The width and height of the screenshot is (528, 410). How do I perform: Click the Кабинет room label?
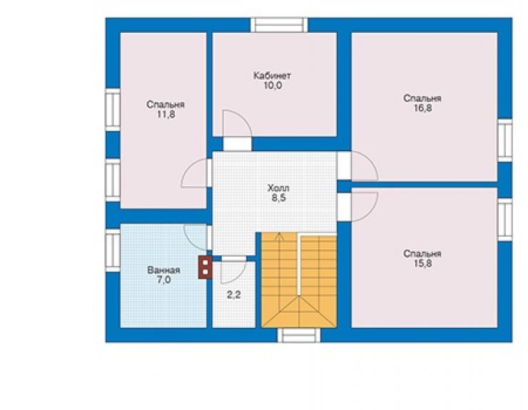tap(272, 76)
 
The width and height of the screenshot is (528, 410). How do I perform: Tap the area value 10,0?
tap(273, 86)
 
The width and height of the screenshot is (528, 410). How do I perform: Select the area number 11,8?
tap(166, 115)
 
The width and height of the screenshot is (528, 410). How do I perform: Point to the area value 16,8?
tap(422, 108)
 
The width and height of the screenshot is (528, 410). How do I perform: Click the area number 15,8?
tap(422, 264)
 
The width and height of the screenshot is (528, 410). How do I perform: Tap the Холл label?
tap(278, 188)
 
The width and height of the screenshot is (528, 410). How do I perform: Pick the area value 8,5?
tap(279, 198)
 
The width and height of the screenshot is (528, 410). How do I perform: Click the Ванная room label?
tap(163, 270)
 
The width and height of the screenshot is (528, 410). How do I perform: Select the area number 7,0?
tap(164, 280)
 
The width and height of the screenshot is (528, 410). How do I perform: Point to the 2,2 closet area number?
tap(234, 295)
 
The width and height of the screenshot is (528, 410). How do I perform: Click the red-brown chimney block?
tap(205, 267)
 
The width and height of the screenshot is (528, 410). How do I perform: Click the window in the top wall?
tap(279, 25)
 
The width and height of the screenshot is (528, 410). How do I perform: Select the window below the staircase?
tap(299, 335)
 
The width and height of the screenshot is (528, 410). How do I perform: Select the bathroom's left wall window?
tap(113, 250)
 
